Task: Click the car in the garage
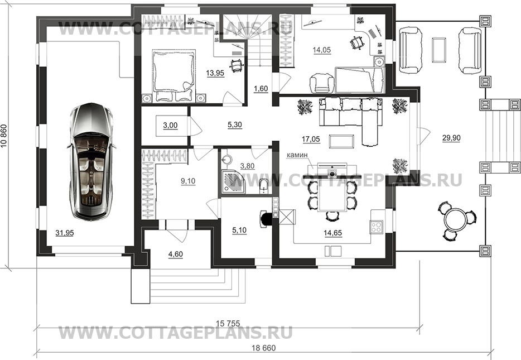pos(91,161)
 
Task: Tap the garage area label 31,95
pos(65,233)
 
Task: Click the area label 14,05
pos(322,50)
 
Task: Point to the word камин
pos(298,155)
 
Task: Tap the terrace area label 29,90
pos(451,138)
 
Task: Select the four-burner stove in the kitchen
pos(377,227)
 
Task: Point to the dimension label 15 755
pos(228,323)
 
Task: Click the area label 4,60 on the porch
pos(176,255)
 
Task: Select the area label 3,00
pos(170,126)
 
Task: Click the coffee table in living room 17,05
pos(341,141)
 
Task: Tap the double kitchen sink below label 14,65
pos(333,251)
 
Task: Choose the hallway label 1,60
pos(261,89)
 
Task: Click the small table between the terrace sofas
pos(439,50)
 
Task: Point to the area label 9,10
pos(188,181)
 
